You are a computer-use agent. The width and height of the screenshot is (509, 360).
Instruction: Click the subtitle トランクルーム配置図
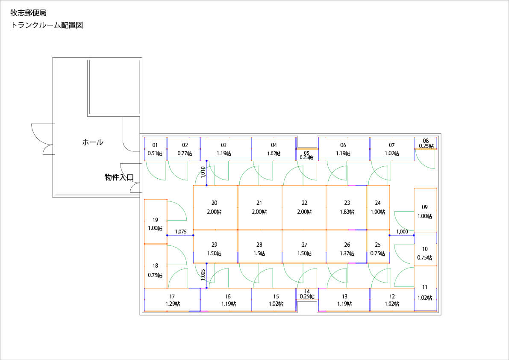click(47, 25)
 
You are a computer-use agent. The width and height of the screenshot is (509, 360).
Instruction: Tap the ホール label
click(93, 142)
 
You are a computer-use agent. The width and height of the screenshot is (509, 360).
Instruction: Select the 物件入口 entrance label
click(119, 177)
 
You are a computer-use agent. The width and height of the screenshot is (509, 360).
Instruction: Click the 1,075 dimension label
click(181, 232)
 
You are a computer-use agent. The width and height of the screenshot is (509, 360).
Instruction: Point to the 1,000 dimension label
click(402, 232)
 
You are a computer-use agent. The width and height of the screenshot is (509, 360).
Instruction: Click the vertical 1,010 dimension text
click(203, 172)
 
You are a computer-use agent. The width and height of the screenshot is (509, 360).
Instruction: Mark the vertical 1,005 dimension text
click(203, 275)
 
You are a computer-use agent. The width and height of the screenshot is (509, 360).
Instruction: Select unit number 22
click(304, 203)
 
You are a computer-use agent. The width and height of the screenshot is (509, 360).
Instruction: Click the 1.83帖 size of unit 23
click(347, 212)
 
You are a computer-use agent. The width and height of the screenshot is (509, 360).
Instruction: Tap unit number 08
click(426, 141)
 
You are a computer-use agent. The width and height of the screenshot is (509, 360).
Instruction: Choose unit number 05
click(306, 153)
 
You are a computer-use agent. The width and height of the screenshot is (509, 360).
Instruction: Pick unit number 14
click(307, 292)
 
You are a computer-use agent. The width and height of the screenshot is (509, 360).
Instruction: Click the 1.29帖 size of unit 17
click(172, 304)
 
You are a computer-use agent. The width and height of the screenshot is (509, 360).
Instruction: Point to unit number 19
click(155, 220)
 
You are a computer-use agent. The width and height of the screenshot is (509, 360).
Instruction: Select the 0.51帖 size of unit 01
click(155, 153)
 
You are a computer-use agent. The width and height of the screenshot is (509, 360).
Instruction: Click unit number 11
click(425, 287)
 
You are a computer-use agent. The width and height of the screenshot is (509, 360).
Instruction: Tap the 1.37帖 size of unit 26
click(347, 254)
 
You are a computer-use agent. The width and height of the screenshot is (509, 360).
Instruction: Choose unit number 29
click(215, 245)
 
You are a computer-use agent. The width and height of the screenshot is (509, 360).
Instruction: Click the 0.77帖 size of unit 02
click(185, 153)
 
